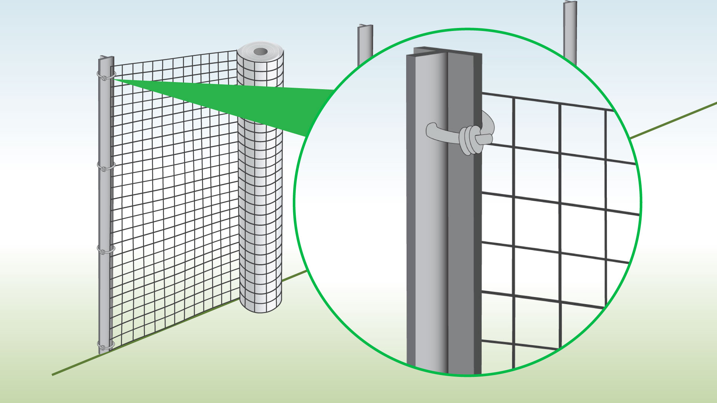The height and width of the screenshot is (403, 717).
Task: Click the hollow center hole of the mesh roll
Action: pyautogui.click(x=261, y=51)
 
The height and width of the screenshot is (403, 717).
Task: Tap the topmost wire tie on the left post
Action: pyautogui.click(x=106, y=76)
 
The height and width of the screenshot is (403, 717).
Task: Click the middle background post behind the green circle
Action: pyautogui.click(x=365, y=41)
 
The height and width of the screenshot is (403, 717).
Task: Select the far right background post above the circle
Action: pyautogui.click(x=570, y=30)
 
